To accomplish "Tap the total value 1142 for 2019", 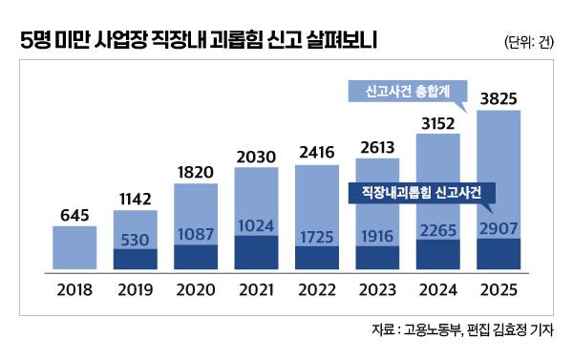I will coord(135,201).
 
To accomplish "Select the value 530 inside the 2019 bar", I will coord(135,237).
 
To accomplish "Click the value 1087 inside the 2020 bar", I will coord(195,232).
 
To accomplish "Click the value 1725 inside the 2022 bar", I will coord(316,233).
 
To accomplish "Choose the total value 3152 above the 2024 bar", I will coord(437,122).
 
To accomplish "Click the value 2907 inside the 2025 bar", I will coord(499,228).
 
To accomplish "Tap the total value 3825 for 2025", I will coord(499,99).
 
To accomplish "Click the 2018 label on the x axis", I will coord(74,287).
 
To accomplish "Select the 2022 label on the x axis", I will coord(316,287).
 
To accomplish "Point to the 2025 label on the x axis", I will coord(499,287).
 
